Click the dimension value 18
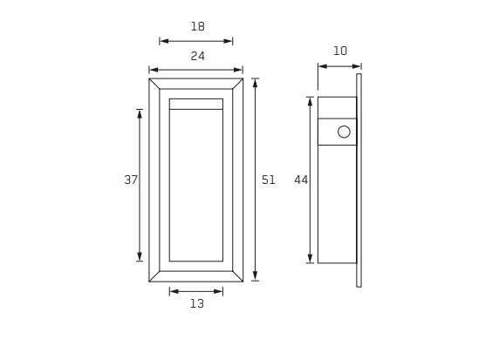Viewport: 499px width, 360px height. click(197, 26)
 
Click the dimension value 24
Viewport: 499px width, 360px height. click(197, 56)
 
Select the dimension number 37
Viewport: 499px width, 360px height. click(131, 180)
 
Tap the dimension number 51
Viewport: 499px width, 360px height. click(269, 180)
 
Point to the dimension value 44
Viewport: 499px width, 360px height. click(301, 180)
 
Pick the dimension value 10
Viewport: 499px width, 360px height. click(340, 51)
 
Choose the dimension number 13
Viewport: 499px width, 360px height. click(196, 303)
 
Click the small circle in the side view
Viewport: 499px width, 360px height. click(344, 132)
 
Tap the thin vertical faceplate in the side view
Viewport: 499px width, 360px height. click(359, 180)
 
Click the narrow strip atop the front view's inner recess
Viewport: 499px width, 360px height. click(195, 104)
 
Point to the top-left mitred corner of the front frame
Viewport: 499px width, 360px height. click(154, 84)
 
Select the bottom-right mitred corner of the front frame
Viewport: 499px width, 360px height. click(237, 276)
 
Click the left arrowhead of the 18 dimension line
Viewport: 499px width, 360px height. click(162, 40)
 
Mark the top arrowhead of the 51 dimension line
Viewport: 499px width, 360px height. click(255, 82)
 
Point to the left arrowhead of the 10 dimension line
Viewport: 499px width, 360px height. click(321, 65)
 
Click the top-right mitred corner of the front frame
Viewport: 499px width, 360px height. click(237, 84)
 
